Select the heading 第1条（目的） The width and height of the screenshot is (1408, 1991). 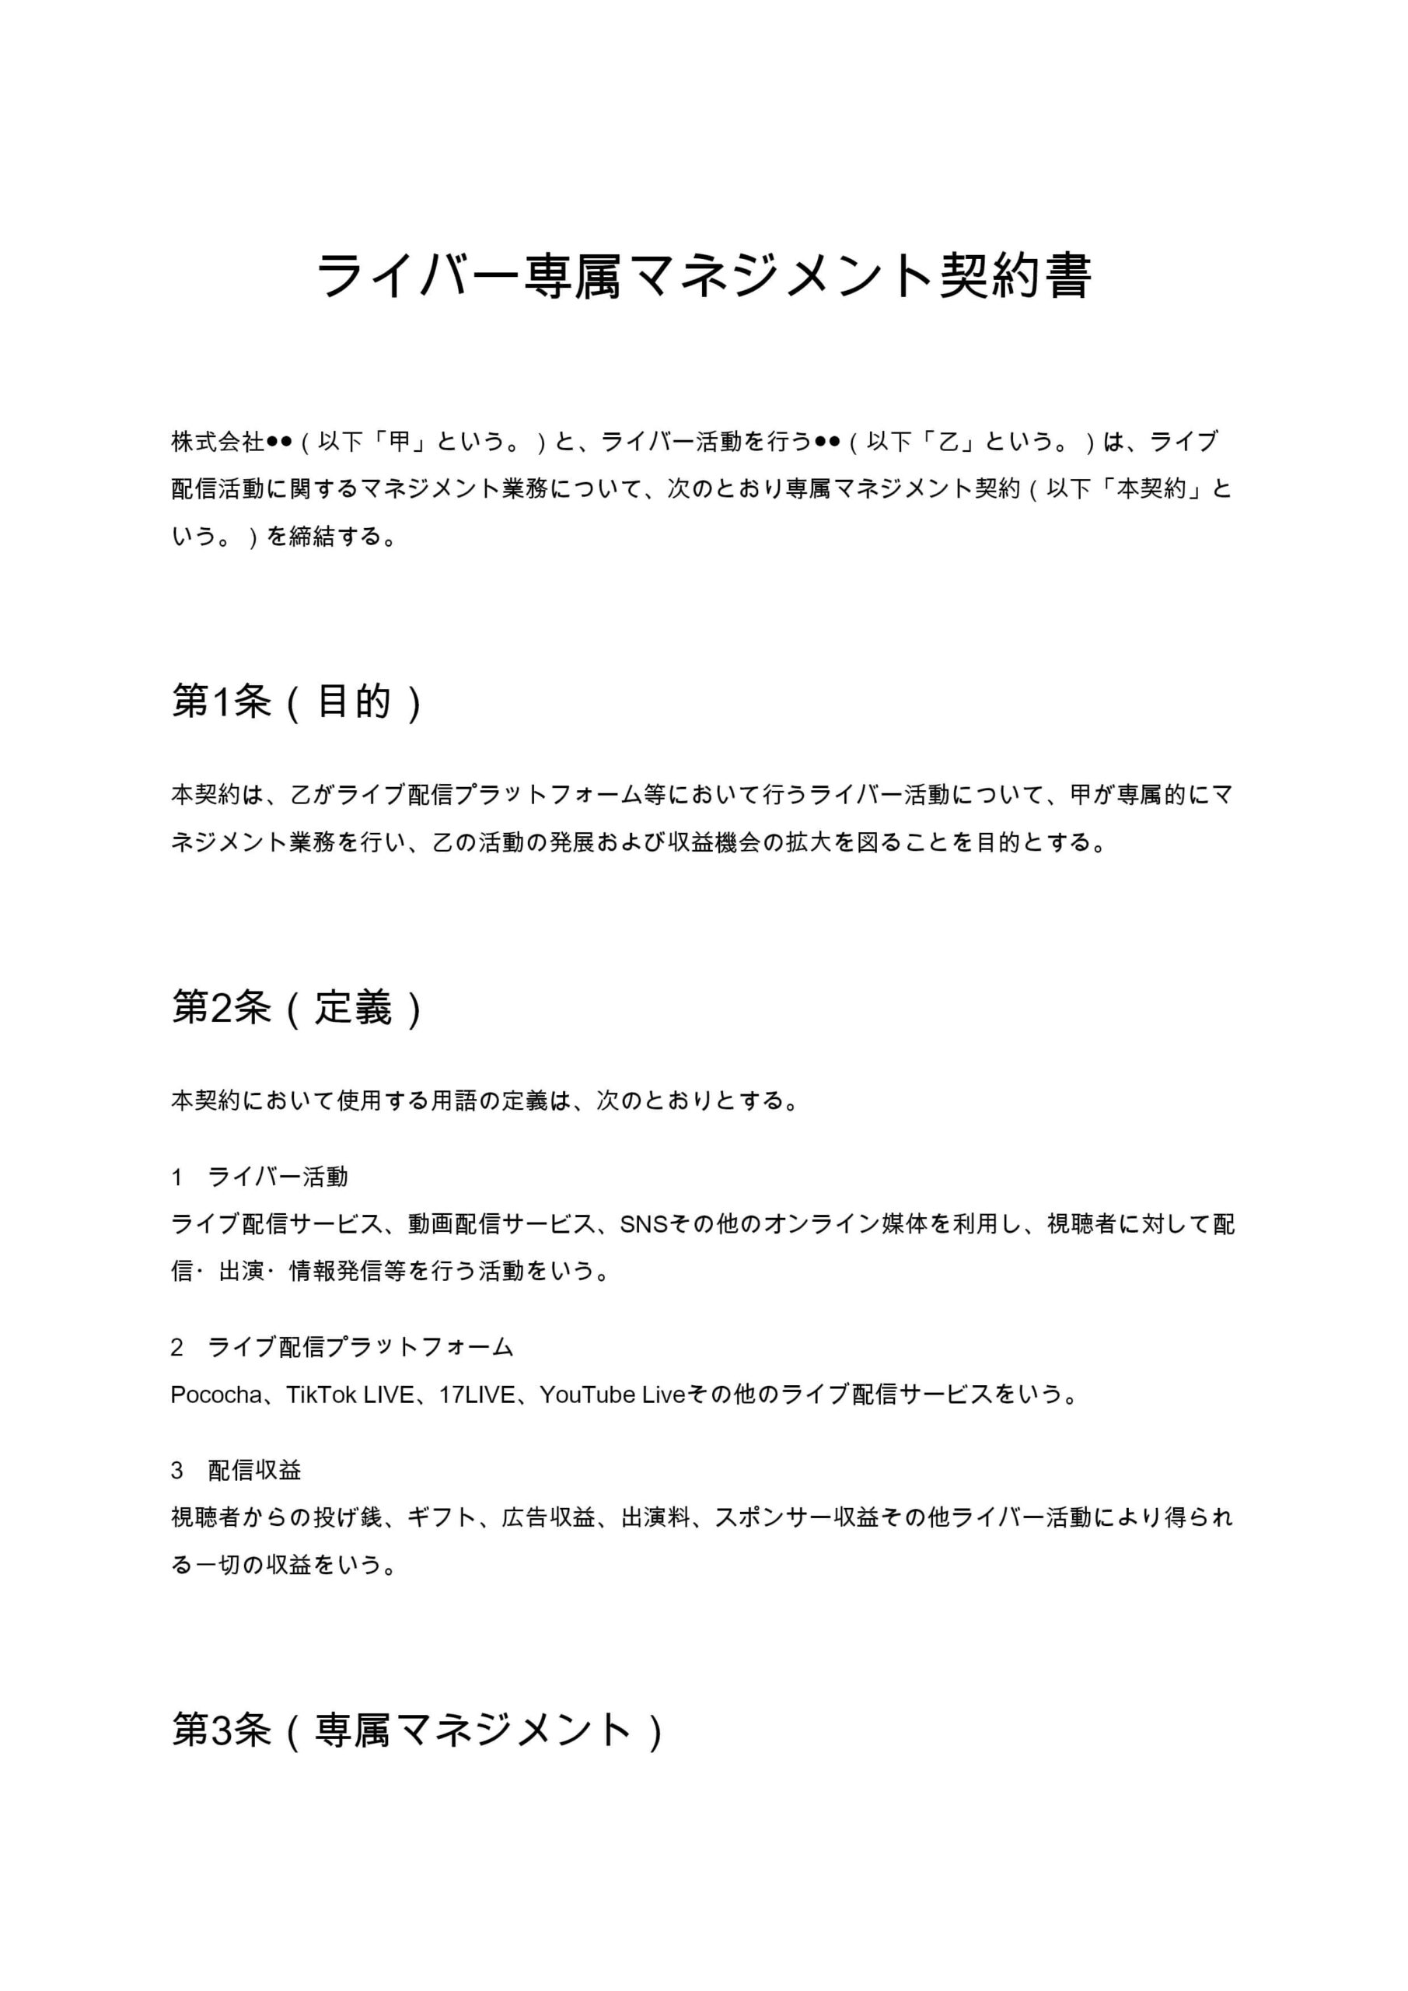click(x=297, y=701)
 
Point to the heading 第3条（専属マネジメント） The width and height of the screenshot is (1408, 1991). click(x=418, y=1729)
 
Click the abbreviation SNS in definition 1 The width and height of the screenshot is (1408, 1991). click(x=642, y=1223)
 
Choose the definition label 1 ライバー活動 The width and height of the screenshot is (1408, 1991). click(x=260, y=1177)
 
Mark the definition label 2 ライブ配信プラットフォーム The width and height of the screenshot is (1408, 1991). click(x=342, y=1347)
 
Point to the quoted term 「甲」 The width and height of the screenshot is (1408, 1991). click(x=399, y=443)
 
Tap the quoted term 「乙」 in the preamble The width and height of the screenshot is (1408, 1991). click(x=949, y=443)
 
